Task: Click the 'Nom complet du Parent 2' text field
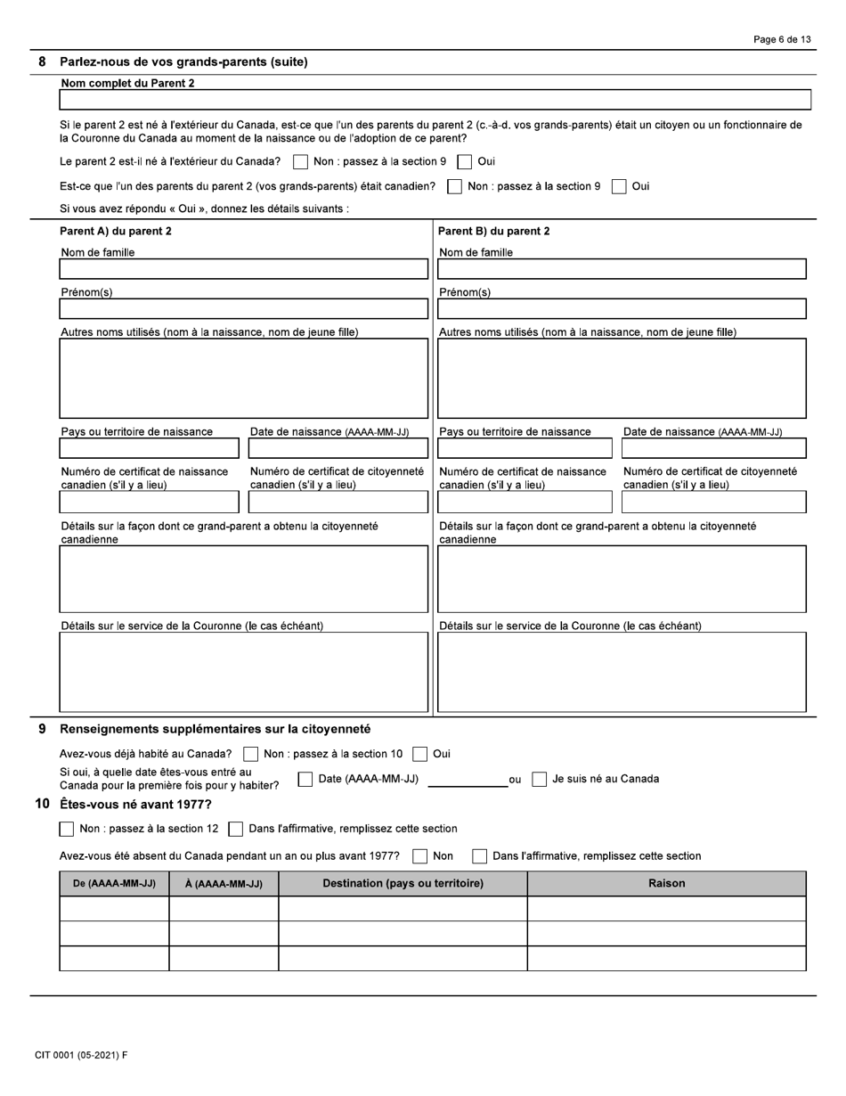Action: [x=435, y=100]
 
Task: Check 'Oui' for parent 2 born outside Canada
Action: [x=465, y=162]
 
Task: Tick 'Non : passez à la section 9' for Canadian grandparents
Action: [x=454, y=186]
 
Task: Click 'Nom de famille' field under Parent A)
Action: [x=243, y=269]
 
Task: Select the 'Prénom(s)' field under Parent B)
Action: [x=622, y=308]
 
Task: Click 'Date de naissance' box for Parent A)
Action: [x=338, y=448]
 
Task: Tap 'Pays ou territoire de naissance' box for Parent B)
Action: [x=525, y=448]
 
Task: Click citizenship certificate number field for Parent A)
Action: [x=338, y=503]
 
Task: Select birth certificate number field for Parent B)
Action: [x=525, y=503]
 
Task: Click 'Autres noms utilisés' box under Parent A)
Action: [x=243, y=378]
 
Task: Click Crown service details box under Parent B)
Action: [x=622, y=672]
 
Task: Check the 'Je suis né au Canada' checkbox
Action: [x=539, y=780]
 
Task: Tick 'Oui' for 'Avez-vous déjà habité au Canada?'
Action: [x=420, y=755]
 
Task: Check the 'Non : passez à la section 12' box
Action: [x=67, y=830]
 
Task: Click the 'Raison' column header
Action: [x=666, y=884]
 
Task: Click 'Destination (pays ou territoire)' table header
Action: [x=403, y=884]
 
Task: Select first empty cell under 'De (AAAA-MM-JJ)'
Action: [x=114, y=909]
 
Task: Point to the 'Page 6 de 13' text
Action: [x=781, y=39]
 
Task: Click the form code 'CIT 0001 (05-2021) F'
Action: [x=81, y=1056]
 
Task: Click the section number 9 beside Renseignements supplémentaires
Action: [x=42, y=729]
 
